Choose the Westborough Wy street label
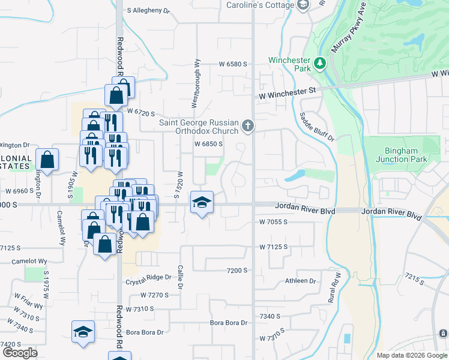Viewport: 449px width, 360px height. pos(195,83)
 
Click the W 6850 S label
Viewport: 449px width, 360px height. pos(208,144)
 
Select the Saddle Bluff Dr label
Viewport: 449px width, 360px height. pos(315,126)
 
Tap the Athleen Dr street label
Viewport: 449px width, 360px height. pos(300,281)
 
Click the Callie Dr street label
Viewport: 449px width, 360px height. pos(179,277)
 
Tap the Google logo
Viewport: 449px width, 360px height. pos(20,353)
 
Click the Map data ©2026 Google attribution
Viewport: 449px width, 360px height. pos(412,355)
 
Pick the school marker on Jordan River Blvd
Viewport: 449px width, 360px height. pos(202,202)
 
